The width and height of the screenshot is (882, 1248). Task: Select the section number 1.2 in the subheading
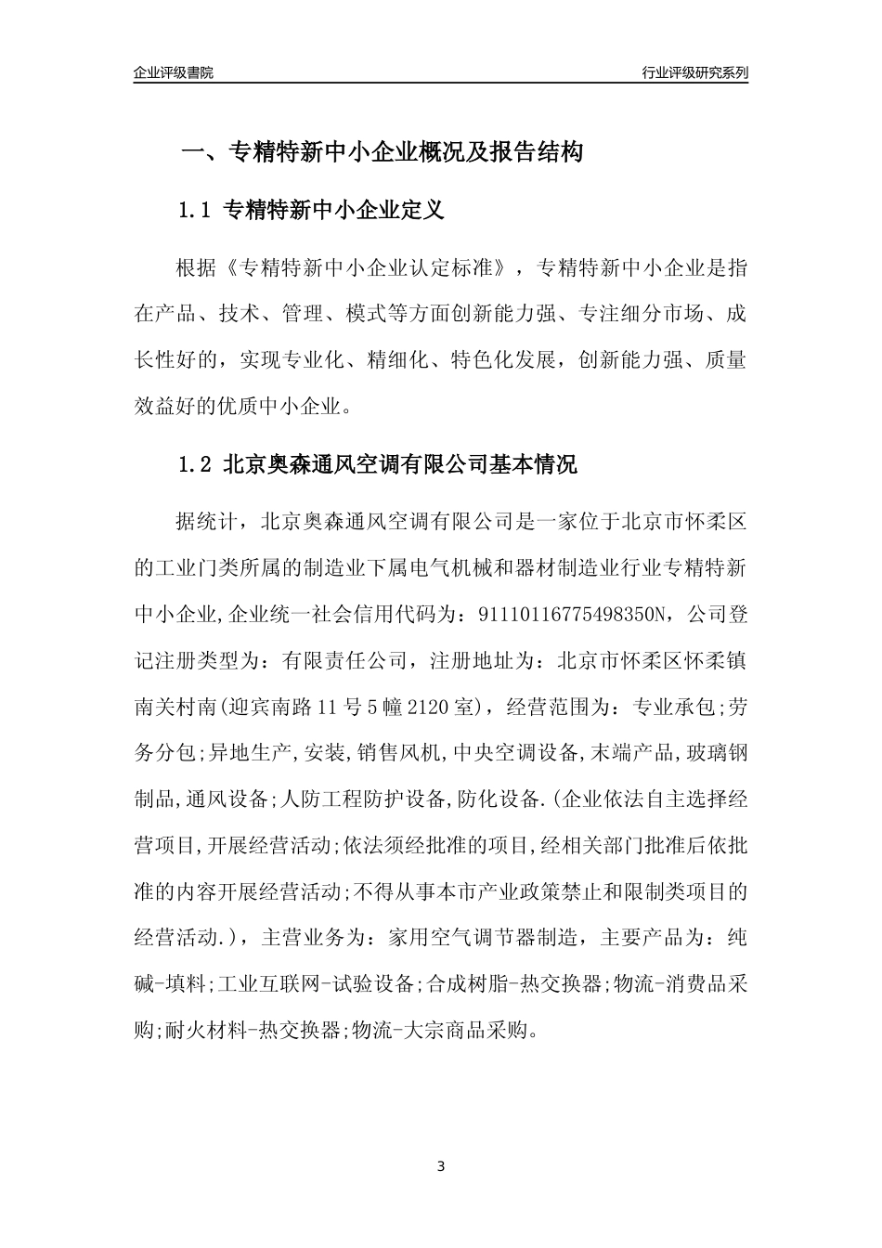click(195, 464)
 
